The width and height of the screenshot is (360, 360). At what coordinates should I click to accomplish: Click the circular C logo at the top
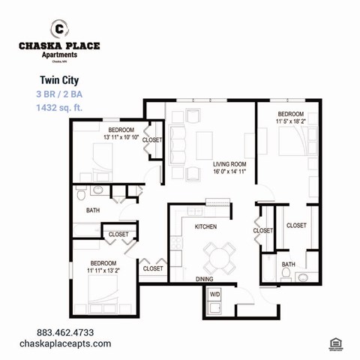coord(59,28)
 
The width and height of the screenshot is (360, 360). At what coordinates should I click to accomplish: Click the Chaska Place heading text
coord(59,46)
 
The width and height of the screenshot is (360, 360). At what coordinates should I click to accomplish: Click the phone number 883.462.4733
coord(66,332)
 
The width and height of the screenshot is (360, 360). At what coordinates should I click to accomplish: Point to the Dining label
coord(205,279)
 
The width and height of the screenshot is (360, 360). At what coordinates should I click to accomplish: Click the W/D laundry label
coord(214,295)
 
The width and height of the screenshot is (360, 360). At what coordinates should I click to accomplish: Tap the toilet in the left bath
coord(82,195)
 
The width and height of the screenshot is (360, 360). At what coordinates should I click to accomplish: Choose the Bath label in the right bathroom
coord(288,265)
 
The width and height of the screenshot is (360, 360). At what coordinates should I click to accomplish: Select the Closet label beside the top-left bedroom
coord(152,140)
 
